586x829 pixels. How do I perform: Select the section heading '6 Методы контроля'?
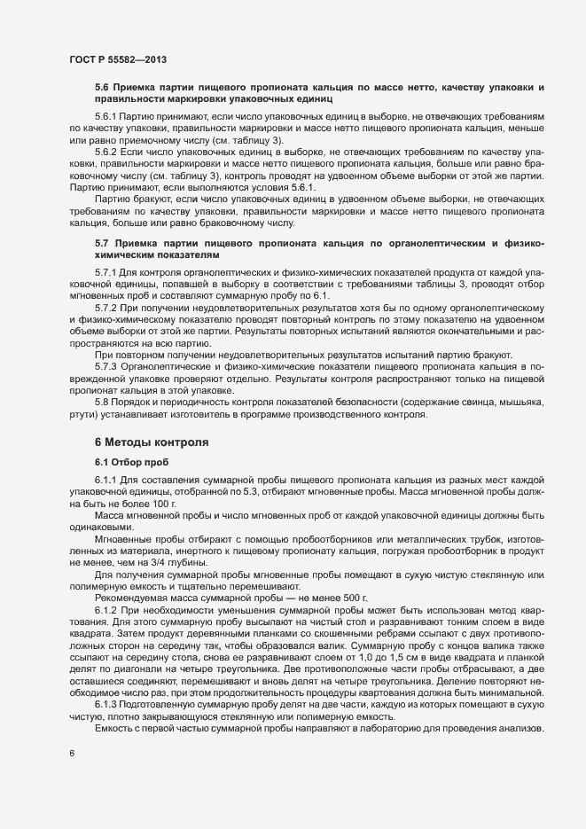point(152,441)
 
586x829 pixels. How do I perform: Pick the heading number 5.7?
point(101,242)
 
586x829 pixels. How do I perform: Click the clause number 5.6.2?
point(105,153)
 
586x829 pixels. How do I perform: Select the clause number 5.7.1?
point(105,270)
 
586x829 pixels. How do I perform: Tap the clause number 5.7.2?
point(105,307)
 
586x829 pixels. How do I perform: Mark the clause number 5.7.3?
point(105,366)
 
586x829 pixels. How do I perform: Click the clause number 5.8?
point(101,402)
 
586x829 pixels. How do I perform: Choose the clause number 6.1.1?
point(105,480)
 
